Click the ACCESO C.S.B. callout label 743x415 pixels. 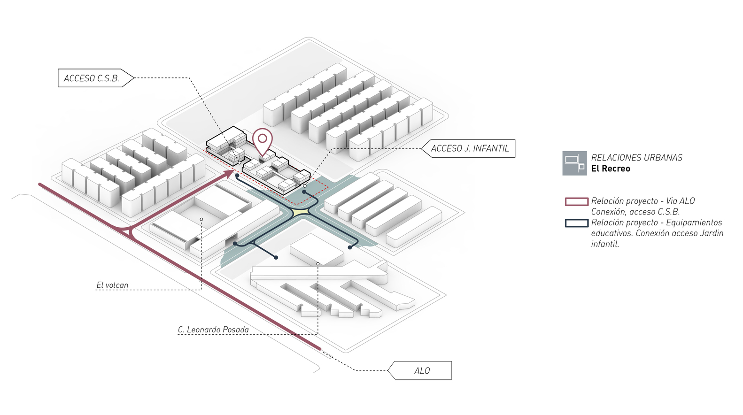tap(92, 78)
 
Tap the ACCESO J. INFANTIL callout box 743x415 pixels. tap(470, 148)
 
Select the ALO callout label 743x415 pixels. tap(422, 371)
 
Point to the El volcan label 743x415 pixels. tap(112, 285)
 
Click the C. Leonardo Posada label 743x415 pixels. tap(213, 330)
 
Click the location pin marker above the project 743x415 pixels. tap(263, 139)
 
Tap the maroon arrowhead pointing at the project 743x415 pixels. tap(230, 173)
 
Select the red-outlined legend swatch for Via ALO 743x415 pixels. tap(576, 201)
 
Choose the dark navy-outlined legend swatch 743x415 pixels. tap(576, 223)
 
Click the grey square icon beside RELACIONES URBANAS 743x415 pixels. tap(574, 163)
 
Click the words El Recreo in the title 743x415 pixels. tap(611, 169)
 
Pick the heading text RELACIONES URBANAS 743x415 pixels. tap(636, 158)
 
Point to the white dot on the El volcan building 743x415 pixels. tap(201, 219)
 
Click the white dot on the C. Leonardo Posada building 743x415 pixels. tap(318, 264)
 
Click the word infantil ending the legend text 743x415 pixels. tap(605, 244)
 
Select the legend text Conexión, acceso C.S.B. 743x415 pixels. tap(635, 212)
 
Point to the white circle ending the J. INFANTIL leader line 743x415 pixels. tap(305, 186)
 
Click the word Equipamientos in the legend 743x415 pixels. tap(694, 223)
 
